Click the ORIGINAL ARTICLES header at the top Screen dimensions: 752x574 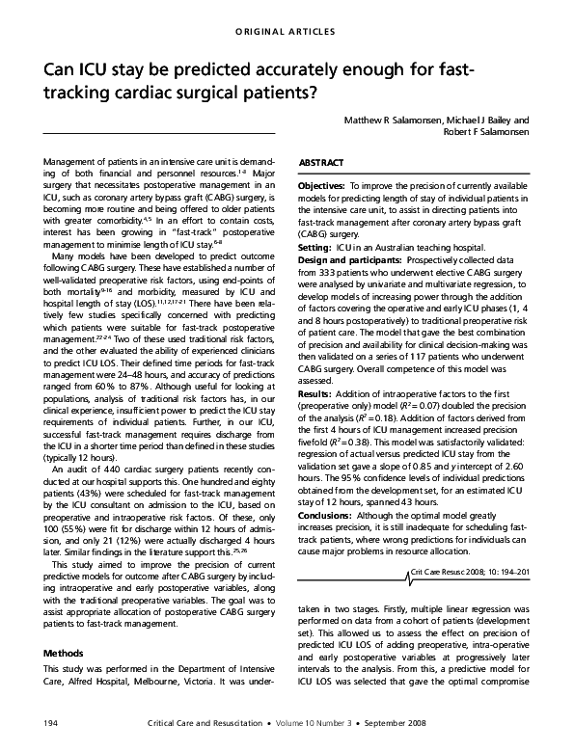coord(287,31)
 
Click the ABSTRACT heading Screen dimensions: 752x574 coord(322,165)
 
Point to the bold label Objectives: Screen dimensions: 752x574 coord(328,184)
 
